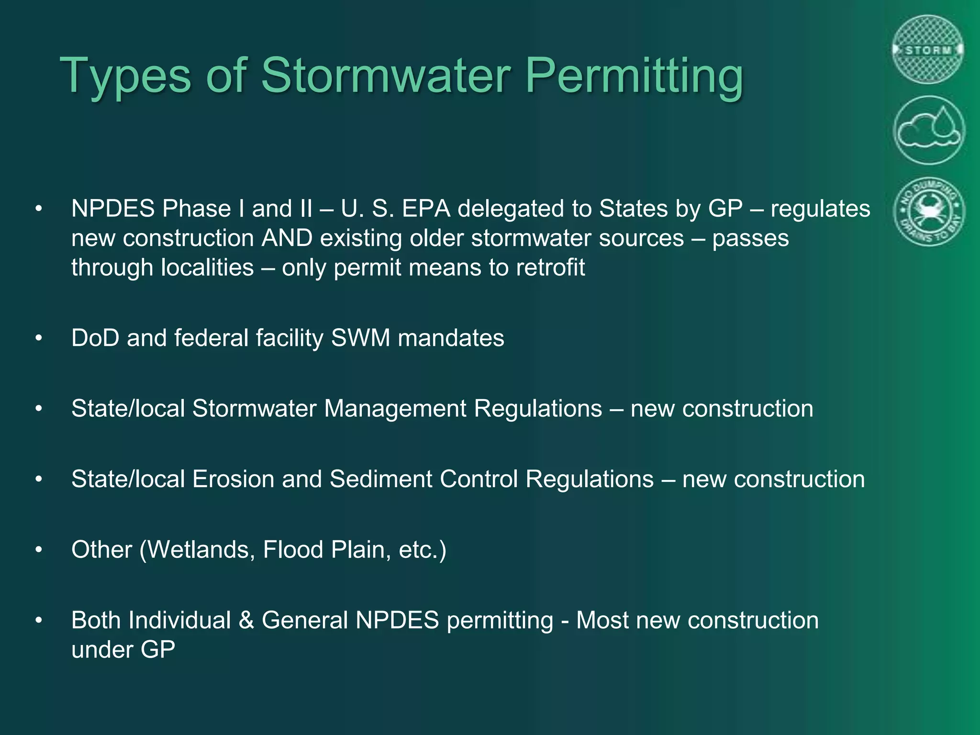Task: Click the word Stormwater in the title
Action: (386, 76)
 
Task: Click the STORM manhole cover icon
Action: (928, 50)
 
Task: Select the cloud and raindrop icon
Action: (929, 130)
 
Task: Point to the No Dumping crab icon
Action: (929, 212)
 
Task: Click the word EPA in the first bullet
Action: (426, 209)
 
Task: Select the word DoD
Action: (95, 338)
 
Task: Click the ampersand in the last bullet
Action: (246, 620)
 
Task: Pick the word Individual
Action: (179, 620)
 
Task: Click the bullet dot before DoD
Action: (39, 338)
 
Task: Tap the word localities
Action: (207, 267)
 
